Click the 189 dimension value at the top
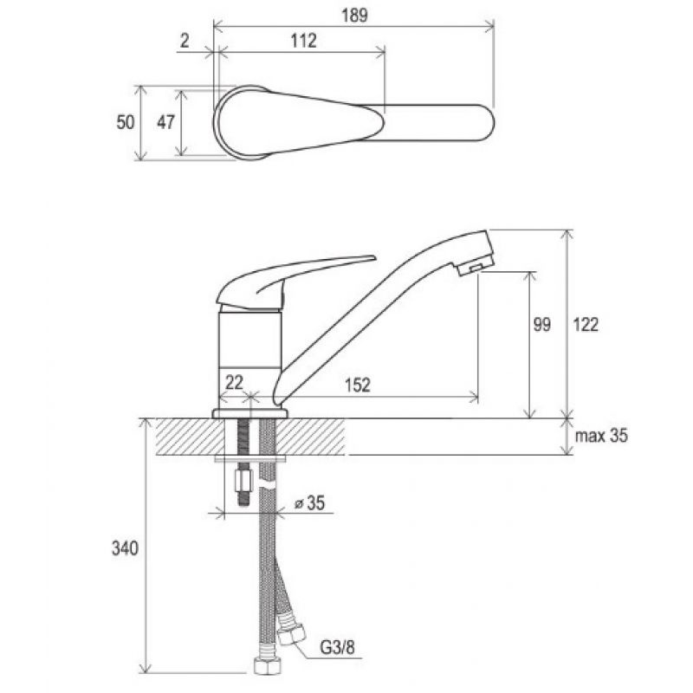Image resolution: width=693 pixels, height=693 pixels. [354, 16]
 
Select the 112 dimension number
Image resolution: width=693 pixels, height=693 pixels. [304, 41]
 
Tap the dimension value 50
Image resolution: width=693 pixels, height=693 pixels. [126, 122]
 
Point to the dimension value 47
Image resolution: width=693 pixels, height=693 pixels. [166, 122]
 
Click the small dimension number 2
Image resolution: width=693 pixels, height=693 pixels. [185, 41]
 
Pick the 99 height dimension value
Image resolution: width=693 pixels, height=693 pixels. [542, 325]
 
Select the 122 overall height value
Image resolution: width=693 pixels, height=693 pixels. [586, 325]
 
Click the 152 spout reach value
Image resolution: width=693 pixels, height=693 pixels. [358, 385]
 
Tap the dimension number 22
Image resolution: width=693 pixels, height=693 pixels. [234, 382]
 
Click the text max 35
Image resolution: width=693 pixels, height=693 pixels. [601, 436]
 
